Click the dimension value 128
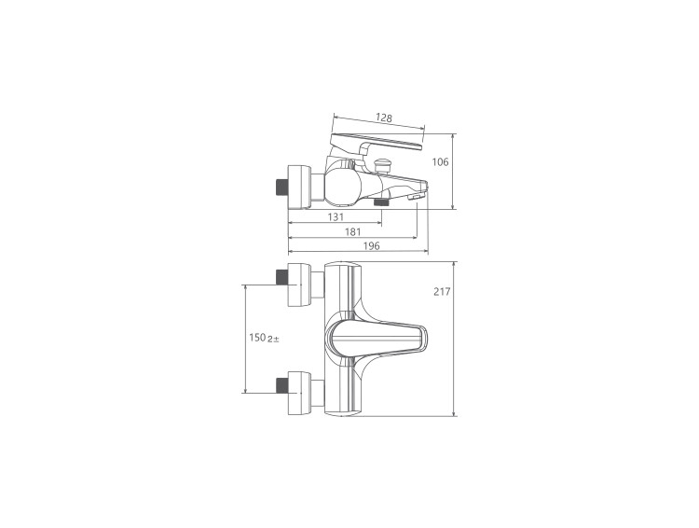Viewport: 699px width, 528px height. [383, 118]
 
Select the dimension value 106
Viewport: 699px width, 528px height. [441, 162]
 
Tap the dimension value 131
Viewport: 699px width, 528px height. [336, 217]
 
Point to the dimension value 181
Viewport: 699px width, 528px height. [352, 232]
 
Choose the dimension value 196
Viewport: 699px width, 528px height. [371, 246]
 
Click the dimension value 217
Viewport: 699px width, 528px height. [442, 292]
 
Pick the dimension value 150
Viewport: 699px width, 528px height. [257, 338]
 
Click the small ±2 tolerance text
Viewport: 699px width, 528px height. [273, 340]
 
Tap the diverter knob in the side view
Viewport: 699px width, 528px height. [382, 166]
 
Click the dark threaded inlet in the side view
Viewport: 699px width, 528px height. [281, 188]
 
